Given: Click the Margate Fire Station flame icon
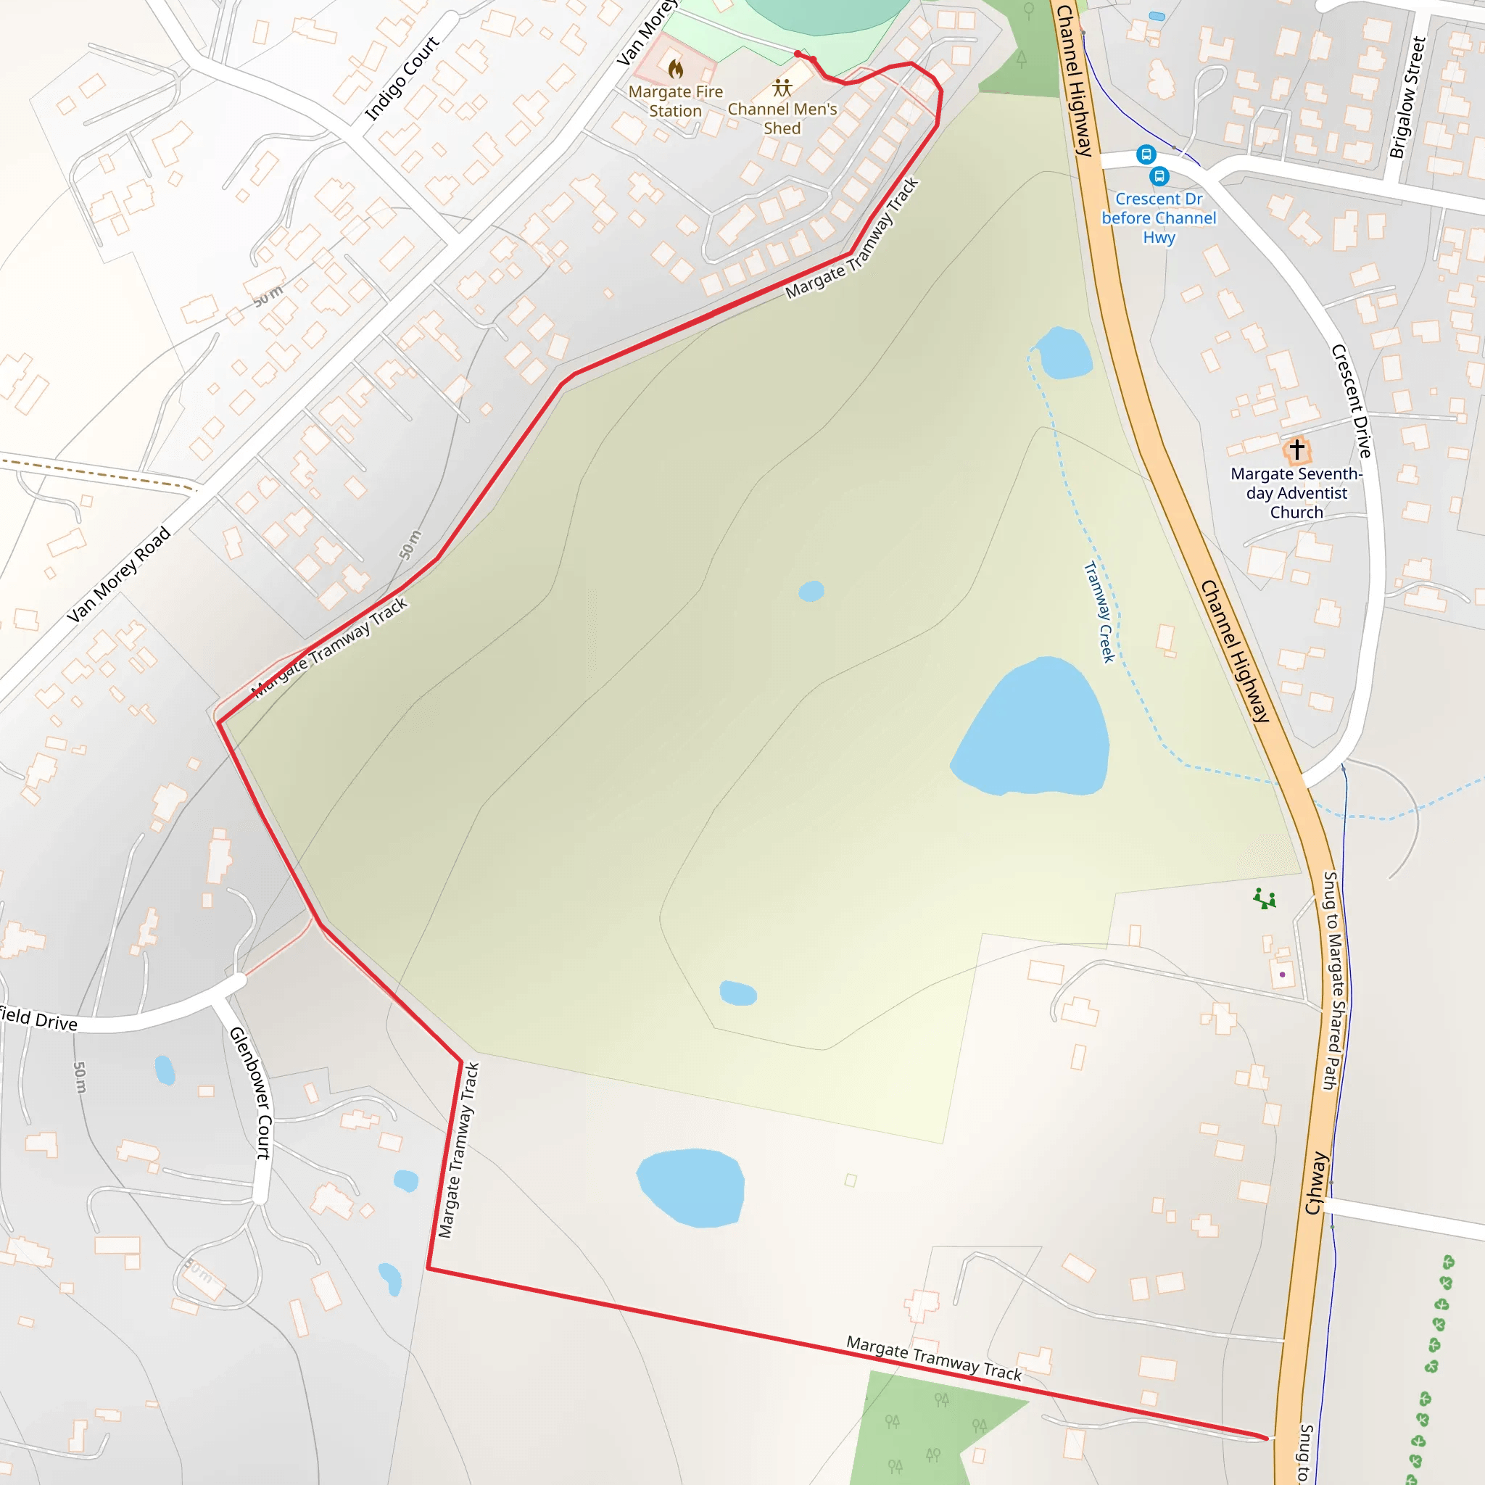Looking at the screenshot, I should (x=676, y=69).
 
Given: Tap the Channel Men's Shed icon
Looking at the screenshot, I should (x=782, y=87).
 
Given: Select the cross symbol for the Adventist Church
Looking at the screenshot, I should (x=1296, y=449).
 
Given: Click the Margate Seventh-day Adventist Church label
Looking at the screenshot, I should (x=1296, y=492).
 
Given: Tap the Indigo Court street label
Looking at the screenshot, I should (x=401, y=78).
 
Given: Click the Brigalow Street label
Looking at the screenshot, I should (x=1408, y=98).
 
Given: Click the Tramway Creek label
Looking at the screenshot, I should (x=1099, y=612).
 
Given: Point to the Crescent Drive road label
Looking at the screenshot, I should (x=1352, y=400).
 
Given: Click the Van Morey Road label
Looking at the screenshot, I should (x=118, y=574).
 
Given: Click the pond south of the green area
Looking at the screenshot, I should (x=692, y=1188).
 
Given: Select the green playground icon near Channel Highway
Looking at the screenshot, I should (x=1265, y=898).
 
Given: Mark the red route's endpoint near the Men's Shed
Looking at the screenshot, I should (x=798, y=54).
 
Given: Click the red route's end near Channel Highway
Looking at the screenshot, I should (x=1266, y=1438).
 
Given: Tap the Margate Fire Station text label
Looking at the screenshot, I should (x=676, y=101).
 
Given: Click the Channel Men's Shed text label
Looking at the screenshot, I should (x=782, y=118).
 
